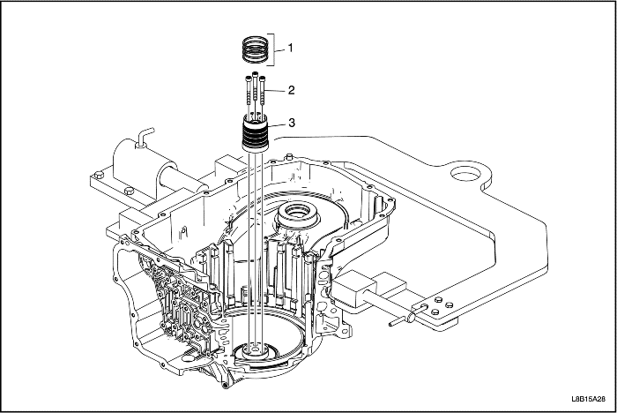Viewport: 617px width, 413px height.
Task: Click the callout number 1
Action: tap(290, 48)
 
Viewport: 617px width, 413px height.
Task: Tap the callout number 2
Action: tap(291, 90)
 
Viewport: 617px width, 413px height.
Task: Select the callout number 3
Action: tap(292, 123)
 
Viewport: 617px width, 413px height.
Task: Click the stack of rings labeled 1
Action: tap(254, 48)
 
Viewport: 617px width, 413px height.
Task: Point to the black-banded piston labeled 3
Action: tap(255, 131)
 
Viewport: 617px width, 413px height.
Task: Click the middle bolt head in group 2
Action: tap(256, 74)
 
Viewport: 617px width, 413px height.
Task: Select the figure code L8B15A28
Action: tap(589, 399)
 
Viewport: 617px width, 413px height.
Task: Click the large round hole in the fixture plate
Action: tap(466, 173)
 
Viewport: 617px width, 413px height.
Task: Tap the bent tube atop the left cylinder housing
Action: tap(145, 136)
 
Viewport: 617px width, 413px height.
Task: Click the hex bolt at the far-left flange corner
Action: tap(99, 174)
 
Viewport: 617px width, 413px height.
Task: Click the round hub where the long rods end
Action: tap(256, 350)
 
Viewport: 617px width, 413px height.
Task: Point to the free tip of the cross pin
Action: tap(390, 324)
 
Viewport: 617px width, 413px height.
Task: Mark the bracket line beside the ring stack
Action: tap(271, 49)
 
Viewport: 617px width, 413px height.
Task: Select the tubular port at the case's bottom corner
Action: tap(226, 384)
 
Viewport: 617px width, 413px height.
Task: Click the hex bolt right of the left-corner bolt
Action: tap(129, 191)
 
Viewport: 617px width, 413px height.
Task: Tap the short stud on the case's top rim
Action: tap(290, 157)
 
